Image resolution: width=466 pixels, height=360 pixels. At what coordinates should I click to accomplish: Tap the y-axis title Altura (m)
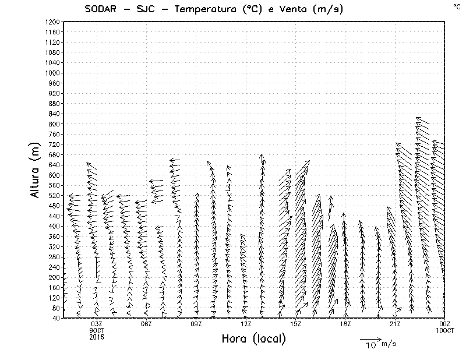pyautogui.click(x=36, y=170)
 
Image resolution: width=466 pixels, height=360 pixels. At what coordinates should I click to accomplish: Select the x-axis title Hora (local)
pyautogui.click(x=253, y=339)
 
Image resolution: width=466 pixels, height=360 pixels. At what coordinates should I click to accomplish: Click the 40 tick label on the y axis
pyautogui.click(x=56, y=318)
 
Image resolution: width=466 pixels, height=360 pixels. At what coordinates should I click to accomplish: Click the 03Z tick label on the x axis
pyautogui.click(x=97, y=324)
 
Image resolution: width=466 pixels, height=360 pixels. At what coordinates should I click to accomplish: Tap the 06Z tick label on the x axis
pyautogui.click(x=146, y=324)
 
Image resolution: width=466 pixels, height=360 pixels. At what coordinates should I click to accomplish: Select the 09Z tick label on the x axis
pyautogui.click(x=196, y=324)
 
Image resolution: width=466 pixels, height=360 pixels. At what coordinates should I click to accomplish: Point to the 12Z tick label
pyautogui.click(x=246, y=324)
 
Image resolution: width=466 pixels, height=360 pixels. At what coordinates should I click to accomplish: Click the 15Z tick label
pyautogui.click(x=295, y=324)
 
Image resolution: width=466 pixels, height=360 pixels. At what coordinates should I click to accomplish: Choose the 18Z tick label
pyautogui.click(x=345, y=324)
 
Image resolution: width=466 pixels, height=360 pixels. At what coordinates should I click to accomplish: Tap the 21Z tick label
pyautogui.click(x=395, y=324)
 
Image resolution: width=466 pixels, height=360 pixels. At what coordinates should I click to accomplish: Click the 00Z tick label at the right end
pyautogui.click(x=444, y=324)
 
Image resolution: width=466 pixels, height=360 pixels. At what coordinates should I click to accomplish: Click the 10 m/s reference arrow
pyautogui.click(x=370, y=339)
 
